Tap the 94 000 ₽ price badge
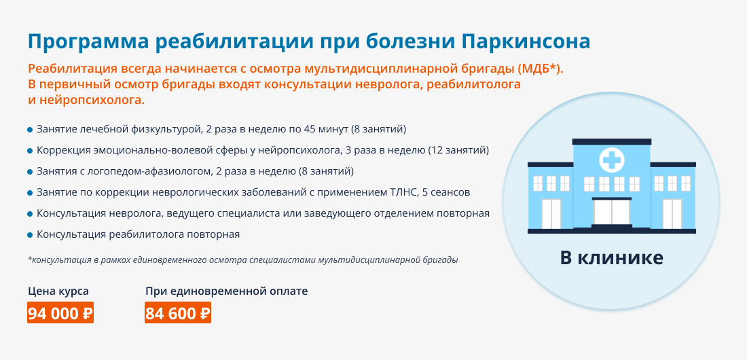click(x=60, y=313)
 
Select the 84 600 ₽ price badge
click(x=178, y=313)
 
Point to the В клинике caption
click(x=611, y=258)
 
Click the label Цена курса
click(x=58, y=291)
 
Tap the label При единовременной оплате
click(x=227, y=291)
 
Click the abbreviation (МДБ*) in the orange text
click(x=541, y=69)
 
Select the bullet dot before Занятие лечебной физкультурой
click(x=30, y=130)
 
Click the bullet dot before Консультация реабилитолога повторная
click(x=30, y=235)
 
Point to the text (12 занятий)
click(x=459, y=150)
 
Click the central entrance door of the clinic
click(x=611, y=213)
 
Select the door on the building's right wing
click(x=672, y=214)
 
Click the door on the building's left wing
click(x=551, y=214)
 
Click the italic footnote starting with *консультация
click(x=243, y=260)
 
